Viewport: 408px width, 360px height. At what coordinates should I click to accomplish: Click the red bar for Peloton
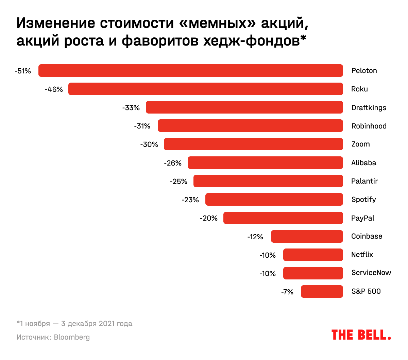pos(190,71)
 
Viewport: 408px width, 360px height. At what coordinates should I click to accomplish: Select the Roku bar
pos(205,89)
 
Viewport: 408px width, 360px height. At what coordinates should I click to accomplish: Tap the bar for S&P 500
pos(322,291)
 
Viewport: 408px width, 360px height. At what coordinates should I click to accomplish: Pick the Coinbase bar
pos(307,236)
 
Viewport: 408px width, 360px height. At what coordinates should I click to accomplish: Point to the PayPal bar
pos(283,218)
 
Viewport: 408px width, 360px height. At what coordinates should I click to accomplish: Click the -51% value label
pos(23,71)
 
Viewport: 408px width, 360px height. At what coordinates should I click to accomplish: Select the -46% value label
pos(54,89)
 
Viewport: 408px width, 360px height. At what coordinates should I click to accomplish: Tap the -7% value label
pos(287,292)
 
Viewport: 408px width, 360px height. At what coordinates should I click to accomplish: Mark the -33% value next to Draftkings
pos(131,108)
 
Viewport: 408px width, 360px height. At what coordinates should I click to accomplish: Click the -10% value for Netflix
pos(268,255)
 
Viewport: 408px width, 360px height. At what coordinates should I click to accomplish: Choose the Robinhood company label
pos(369,126)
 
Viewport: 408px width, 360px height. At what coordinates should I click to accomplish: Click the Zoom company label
pos(360,144)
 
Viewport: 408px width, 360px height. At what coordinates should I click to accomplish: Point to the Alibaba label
pos(364,163)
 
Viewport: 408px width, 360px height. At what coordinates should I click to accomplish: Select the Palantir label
pos(364,181)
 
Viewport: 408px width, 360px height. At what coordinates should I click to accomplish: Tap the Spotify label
pos(363,200)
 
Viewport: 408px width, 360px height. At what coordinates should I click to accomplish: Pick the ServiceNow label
pos(371,273)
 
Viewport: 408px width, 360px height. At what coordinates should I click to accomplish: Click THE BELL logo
pos(361,335)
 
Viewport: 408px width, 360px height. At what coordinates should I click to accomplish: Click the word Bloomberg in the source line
pos(72,337)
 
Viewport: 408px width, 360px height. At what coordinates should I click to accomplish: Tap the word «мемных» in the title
pos(218,23)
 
